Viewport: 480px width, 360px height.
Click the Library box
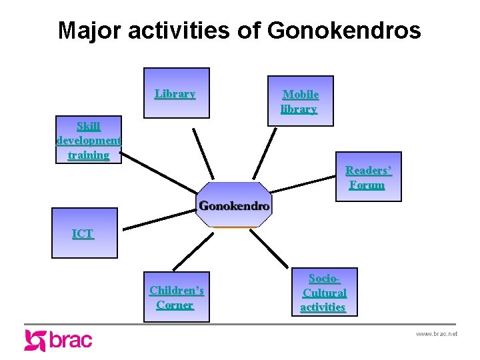176,93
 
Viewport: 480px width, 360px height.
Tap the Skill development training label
89,141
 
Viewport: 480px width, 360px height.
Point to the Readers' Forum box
368,177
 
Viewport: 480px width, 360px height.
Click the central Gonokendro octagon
235,205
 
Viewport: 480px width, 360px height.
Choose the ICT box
84,233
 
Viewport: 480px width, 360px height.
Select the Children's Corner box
176,297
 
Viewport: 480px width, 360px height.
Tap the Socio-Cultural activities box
324,293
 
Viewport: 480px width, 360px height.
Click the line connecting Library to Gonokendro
203,153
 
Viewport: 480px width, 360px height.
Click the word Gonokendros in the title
344,31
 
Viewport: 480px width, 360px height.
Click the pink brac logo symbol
35,340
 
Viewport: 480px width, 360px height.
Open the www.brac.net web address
437,333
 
